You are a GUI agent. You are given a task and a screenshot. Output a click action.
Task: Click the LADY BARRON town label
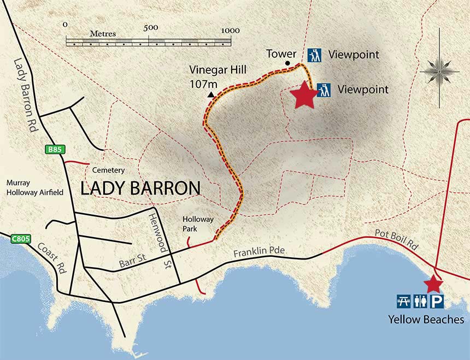[x=140, y=188]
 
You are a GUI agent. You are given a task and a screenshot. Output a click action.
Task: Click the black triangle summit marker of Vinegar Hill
[x=210, y=95]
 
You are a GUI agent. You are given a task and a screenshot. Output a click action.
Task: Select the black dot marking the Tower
[x=287, y=63]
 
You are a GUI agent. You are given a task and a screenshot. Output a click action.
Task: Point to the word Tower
[x=281, y=54]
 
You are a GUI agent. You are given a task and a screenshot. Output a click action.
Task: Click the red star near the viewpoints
[x=304, y=96]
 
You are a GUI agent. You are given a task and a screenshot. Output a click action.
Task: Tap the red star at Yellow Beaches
[x=433, y=284]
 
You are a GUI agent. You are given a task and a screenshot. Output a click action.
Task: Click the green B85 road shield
[x=52, y=149]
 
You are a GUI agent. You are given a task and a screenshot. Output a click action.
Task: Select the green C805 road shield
[x=20, y=238]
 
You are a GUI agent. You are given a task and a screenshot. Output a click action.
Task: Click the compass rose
[x=440, y=70]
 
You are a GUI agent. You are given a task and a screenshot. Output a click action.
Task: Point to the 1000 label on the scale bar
[x=230, y=30]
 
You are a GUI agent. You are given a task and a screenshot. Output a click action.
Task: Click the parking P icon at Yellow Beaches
[x=437, y=301]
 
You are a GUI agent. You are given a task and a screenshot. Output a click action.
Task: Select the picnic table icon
[x=404, y=301]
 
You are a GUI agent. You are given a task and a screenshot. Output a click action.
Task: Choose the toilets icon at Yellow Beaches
[x=420, y=301]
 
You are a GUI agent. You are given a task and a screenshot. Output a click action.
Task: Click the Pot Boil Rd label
[x=396, y=239]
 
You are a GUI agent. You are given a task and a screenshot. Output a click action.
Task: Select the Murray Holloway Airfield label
[x=27, y=188]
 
